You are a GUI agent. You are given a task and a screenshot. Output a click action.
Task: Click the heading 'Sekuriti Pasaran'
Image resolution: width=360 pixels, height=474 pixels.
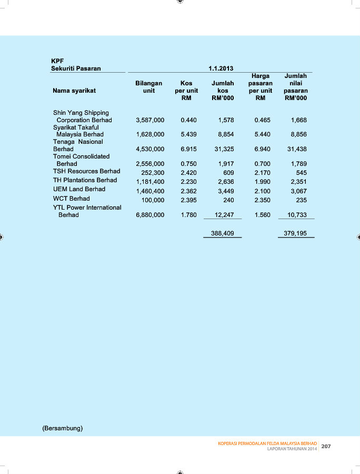[76, 68]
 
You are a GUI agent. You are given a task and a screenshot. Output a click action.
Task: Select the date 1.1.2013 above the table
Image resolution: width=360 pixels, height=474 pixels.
[221, 68]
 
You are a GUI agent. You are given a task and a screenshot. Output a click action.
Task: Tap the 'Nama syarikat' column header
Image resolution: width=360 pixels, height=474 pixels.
[74, 91]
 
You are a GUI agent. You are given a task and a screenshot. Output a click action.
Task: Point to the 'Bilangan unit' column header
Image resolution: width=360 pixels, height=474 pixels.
[148, 87]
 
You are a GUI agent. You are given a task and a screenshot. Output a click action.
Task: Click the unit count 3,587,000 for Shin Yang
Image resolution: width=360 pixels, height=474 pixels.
[150, 120]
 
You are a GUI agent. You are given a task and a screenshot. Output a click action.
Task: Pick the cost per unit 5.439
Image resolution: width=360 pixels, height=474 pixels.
[188, 134]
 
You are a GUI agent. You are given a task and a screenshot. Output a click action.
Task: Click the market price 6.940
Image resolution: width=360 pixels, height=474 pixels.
[262, 149]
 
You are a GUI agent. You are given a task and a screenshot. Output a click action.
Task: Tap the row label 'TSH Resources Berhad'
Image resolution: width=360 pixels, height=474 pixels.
[86, 171]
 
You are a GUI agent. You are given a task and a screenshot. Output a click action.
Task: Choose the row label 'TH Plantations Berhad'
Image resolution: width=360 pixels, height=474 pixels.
[85, 180]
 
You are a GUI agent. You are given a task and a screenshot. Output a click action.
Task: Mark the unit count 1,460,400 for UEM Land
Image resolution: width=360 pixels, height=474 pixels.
[150, 191]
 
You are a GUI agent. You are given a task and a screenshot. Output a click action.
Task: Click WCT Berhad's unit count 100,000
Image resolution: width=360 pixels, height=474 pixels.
[153, 200]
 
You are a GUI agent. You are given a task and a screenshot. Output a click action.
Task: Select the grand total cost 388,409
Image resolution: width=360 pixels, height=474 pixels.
[222, 233]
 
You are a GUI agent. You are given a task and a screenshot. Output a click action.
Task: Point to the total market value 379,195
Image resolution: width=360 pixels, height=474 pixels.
[295, 233]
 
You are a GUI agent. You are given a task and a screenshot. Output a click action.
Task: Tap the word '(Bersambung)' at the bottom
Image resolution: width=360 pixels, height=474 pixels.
[62, 428]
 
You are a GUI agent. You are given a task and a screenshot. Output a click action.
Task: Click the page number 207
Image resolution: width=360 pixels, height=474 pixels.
[326, 446]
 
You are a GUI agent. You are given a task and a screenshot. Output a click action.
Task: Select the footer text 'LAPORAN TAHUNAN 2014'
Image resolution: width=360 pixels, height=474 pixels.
[292, 449]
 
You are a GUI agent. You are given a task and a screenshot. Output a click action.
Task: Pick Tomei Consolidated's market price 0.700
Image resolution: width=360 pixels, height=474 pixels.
[262, 164]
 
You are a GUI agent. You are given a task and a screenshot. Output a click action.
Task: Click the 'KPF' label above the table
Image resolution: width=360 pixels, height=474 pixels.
[57, 61]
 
